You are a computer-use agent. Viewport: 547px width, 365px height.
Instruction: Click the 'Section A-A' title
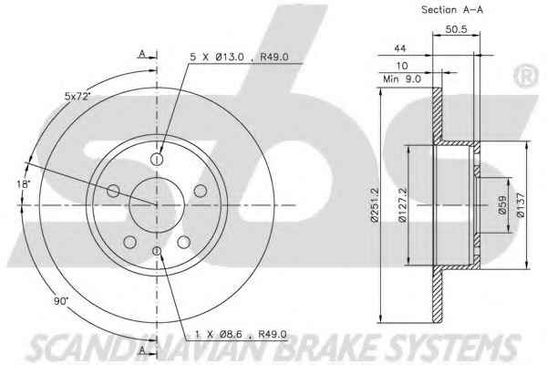(x=452, y=10)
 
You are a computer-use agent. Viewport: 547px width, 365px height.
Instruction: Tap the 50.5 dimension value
(x=456, y=29)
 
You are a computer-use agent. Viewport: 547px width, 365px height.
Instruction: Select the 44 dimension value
(x=400, y=47)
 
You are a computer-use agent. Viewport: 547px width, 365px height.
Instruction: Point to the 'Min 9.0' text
(x=402, y=79)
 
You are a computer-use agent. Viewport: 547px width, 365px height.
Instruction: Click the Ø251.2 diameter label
(x=375, y=205)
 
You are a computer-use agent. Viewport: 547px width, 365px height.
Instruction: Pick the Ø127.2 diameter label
(x=403, y=205)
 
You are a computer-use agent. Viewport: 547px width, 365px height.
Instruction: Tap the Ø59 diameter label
(x=502, y=204)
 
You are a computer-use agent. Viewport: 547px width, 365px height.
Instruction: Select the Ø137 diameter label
(x=521, y=205)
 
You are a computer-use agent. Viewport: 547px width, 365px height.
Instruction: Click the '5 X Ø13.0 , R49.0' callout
(x=239, y=57)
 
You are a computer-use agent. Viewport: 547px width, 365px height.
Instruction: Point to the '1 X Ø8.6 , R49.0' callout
(x=241, y=334)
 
